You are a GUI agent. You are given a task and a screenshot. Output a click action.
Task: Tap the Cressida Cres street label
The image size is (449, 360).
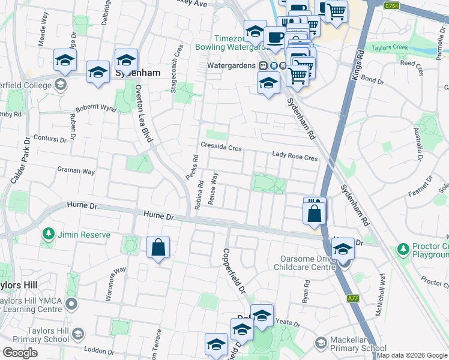click(221, 148)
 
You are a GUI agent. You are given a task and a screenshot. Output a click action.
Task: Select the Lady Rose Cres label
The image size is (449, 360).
click(294, 157)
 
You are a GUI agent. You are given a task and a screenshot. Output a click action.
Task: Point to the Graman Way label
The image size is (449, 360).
click(76, 171)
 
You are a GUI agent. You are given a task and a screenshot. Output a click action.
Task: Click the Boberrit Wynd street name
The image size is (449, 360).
click(96, 108)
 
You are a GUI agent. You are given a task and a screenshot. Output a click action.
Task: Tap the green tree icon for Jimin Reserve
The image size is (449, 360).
click(48, 234)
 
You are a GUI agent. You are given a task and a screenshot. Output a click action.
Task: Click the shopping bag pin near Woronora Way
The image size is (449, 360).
click(158, 247)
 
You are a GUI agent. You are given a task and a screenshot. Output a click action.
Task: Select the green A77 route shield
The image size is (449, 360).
click(353, 298)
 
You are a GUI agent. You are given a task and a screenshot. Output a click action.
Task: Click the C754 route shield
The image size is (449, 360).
click(392, 5)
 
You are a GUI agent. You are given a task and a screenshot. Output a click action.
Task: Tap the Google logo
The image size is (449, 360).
click(20, 353)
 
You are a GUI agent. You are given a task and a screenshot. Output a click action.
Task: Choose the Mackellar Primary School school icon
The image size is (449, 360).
click(321, 343)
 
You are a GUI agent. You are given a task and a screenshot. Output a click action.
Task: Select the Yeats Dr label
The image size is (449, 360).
click(288, 322)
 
